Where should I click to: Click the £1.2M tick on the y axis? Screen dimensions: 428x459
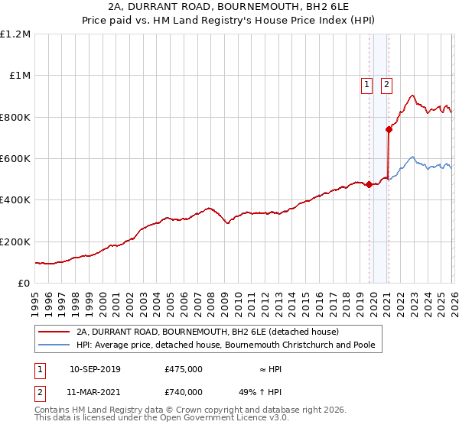point(15,34)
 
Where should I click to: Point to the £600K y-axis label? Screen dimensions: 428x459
point(15,159)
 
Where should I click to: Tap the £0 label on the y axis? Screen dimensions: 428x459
point(24,284)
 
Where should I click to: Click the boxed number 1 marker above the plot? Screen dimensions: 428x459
point(367,86)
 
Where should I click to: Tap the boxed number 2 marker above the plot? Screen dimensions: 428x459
point(387,86)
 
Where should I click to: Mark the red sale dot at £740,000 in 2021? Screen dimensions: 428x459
point(389,130)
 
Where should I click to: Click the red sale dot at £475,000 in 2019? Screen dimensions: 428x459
point(369,184)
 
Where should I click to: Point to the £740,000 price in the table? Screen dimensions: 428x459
point(184,391)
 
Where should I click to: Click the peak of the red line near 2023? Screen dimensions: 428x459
point(412,96)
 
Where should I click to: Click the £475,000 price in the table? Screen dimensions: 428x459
point(184,369)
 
